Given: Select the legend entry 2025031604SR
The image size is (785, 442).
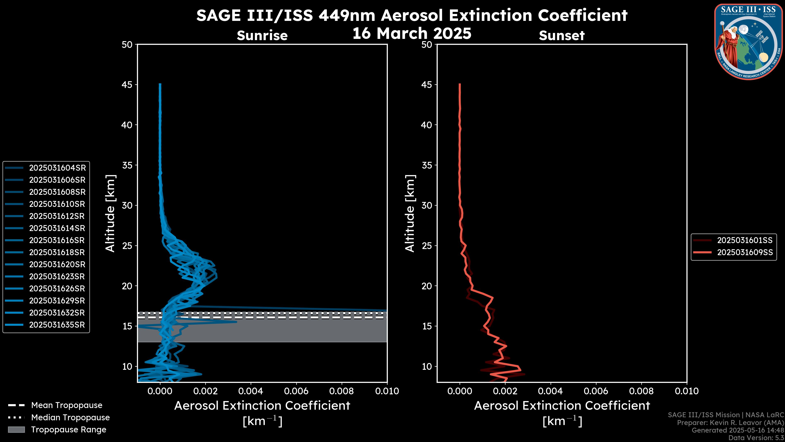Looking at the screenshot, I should click(57, 168).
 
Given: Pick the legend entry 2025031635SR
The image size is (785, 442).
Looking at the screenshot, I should click(57, 325).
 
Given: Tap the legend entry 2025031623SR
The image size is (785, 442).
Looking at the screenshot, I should click(57, 276).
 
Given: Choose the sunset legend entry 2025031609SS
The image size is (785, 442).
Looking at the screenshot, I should click(745, 253).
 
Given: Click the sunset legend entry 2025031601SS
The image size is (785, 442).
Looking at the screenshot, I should click(745, 240).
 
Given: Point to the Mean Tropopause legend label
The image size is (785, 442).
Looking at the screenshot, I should click(66, 405).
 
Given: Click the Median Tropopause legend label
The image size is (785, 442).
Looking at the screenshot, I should click(70, 417).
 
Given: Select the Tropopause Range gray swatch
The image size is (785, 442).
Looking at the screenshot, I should click(16, 430).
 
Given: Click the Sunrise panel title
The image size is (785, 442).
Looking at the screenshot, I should click(262, 35).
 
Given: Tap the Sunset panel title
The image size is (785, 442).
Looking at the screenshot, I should click(562, 35).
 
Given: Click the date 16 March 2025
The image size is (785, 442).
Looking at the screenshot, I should click(412, 33).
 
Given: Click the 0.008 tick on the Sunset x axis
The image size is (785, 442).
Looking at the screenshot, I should click(641, 391).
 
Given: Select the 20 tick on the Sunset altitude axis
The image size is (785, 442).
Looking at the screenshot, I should click(427, 286).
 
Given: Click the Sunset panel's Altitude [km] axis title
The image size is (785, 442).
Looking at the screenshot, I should click(410, 213).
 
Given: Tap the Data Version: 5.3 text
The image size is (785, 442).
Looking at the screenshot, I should click(756, 438).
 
